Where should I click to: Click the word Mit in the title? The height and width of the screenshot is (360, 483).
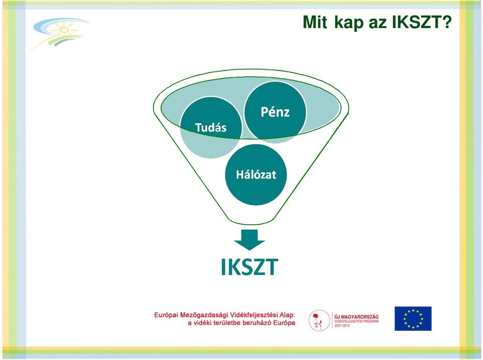[x=315, y=22]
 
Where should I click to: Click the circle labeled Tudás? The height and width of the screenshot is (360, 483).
[x=211, y=127]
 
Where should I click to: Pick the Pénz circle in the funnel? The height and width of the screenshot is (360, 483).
[x=275, y=112]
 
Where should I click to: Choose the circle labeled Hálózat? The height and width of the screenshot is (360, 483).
[x=256, y=174]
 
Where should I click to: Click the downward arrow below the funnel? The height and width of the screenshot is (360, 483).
[x=249, y=240]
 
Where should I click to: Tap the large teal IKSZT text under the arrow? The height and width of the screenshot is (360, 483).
[x=250, y=267]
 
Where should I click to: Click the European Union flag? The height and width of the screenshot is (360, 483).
[x=413, y=318]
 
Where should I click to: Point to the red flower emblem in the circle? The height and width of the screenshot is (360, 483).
[x=317, y=320]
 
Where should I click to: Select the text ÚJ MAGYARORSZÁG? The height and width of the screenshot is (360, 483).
[x=356, y=317]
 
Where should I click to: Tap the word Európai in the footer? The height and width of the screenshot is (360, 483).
[x=166, y=315]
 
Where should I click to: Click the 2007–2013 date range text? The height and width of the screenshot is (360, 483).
[x=342, y=325]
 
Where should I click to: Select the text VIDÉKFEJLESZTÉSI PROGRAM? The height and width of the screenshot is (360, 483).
[x=356, y=321]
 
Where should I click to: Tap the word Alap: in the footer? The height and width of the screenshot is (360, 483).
[x=287, y=315]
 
